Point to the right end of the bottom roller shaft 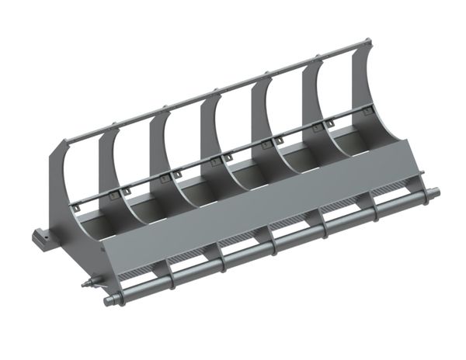(434, 192)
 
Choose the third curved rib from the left (159, 151)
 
